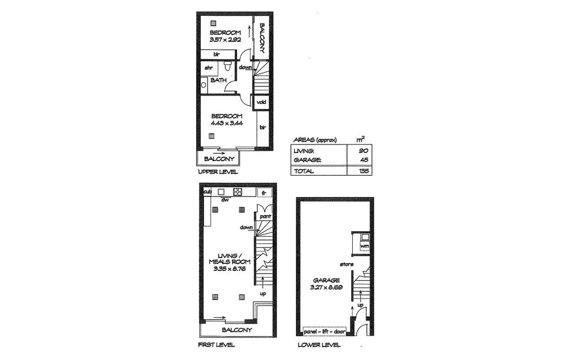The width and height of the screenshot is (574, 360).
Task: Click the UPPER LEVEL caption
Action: coord(218,172)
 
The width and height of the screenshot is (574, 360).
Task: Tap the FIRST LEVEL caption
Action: coord(216,345)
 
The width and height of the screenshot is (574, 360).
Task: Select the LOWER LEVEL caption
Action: coord(319,345)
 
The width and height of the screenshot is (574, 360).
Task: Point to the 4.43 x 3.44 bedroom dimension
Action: coord(227,123)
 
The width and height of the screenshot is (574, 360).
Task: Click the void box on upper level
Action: coord(261,102)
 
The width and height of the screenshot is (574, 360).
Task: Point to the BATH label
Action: coord(218,80)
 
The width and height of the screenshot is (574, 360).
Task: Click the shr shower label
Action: coord(209,68)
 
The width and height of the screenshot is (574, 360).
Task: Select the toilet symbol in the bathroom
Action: coord(227,65)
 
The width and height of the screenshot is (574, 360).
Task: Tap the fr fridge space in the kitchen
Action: coord(264,193)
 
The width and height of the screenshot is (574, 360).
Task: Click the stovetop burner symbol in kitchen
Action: coord(238,192)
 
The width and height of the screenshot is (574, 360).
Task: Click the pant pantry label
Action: coord(265,217)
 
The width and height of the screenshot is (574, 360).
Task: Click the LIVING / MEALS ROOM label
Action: coord(230,259)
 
